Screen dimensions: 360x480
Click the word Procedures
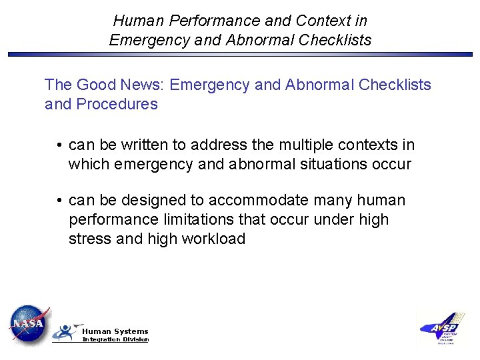[x=117, y=104]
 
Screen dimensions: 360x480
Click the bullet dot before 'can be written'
[x=59, y=145]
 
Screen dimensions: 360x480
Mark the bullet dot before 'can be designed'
[x=59, y=201]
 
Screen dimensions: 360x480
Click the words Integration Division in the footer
[x=115, y=340]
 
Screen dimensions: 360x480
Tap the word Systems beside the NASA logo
[x=131, y=331]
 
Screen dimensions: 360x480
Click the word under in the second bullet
[x=334, y=219]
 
